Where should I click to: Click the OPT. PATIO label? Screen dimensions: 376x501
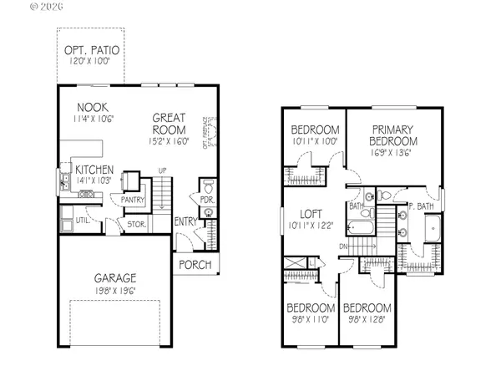tap(92, 50)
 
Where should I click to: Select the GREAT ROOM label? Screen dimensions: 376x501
tap(169, 124)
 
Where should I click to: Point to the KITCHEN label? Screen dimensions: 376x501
tap(94, 170)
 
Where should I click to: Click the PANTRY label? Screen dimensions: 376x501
tap(134, 201)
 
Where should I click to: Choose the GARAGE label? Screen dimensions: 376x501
tap(115, 277)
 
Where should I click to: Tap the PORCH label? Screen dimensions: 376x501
tap(194, 266)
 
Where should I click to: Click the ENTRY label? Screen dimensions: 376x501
tap(185, 221)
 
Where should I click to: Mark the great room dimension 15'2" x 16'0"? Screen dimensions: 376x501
tap(169, 142)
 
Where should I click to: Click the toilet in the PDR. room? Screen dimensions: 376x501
tap(209, 185)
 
